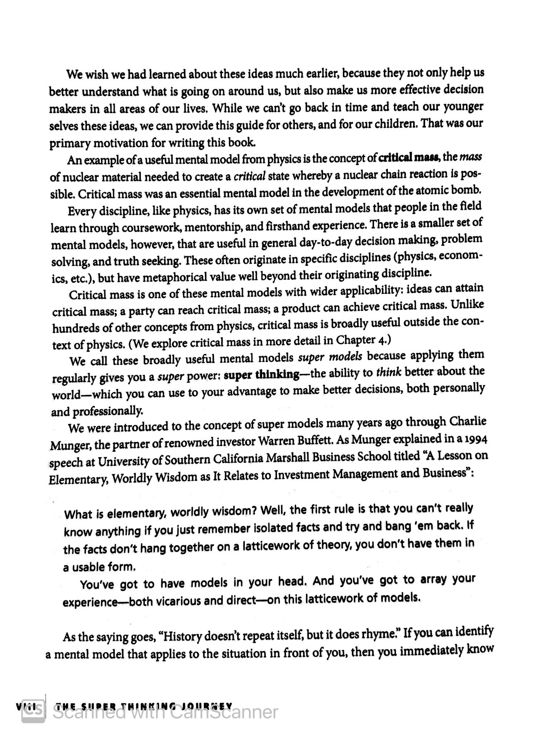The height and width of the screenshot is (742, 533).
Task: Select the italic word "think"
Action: coord(389,372)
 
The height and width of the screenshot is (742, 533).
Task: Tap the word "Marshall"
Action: coord(288,458)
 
